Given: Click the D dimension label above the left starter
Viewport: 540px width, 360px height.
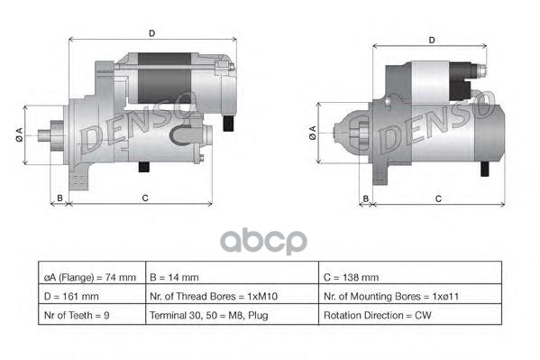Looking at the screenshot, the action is tap(151, 33).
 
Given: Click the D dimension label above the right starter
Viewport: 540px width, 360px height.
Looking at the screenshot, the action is tap(432, 41).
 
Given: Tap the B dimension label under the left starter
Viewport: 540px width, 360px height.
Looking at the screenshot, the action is tap(59, 198).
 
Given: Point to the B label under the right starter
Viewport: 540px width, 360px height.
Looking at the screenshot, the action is tap(366, 198).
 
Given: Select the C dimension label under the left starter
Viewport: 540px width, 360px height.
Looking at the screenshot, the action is tap(145, 198).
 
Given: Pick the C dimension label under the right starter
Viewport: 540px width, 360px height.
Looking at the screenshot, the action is tap(438, 198).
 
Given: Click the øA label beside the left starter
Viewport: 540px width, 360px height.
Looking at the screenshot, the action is tap(19, 134).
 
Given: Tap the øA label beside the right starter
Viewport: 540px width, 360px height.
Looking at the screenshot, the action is tap(313, 133).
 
